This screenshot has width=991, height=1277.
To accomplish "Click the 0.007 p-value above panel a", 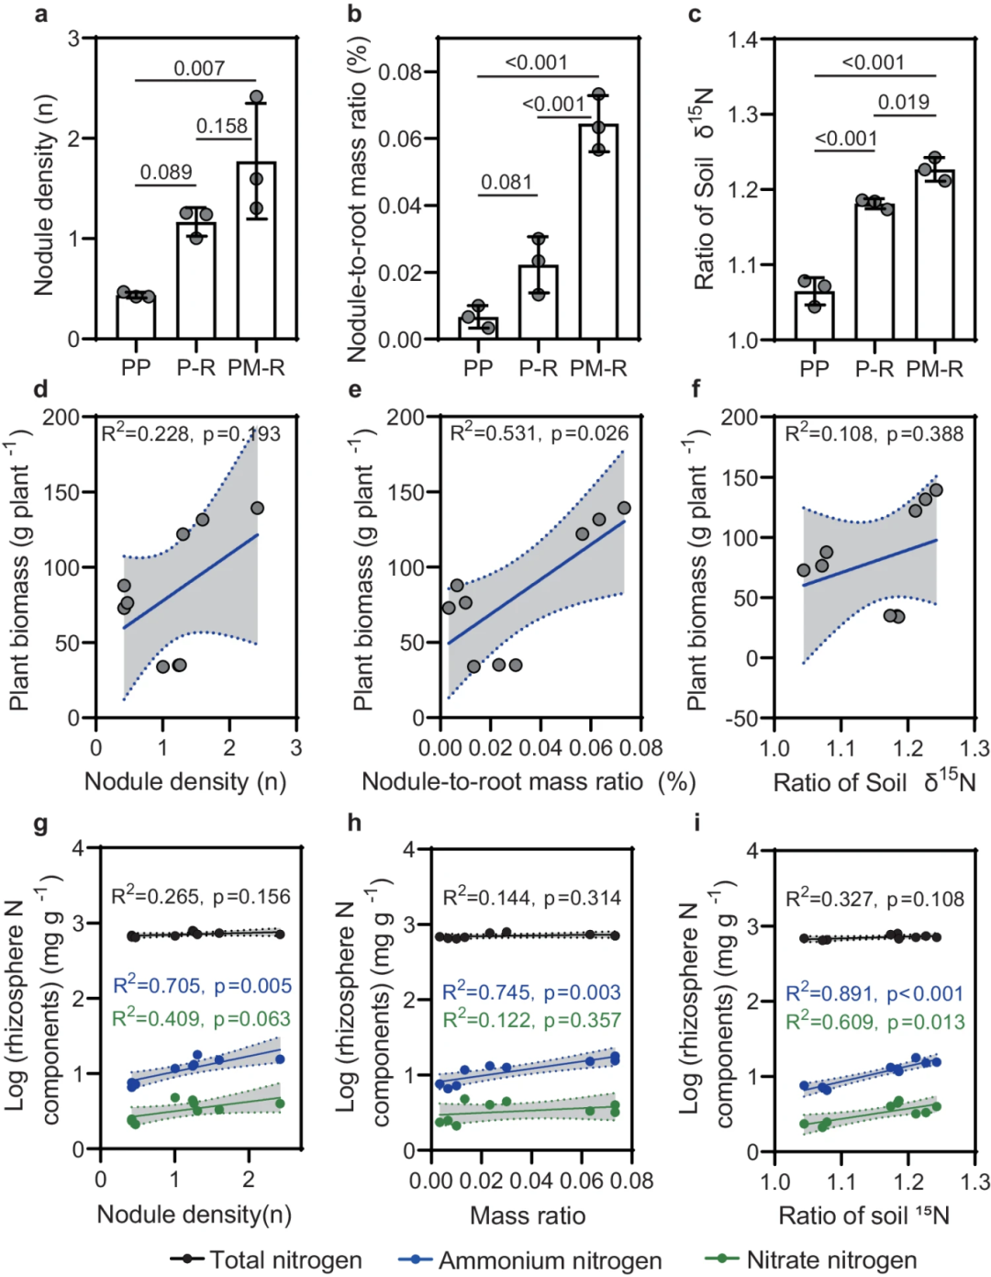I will pyautogui.click(x=199, y=68).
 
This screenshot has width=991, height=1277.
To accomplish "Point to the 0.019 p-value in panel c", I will pyautogui.click(x=904, y=102).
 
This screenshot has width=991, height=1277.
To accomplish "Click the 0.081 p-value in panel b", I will pyautogui.click(x=507, y=182).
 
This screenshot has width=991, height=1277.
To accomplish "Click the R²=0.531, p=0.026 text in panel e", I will pyautogui.click(x=539, y=433).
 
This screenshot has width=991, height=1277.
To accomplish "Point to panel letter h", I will pyautogui.click(x=355, y=822).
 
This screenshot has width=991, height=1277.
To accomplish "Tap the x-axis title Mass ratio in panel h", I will pyautogui.click(x=528, y=1215).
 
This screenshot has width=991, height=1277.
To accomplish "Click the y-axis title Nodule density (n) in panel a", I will pyautogui.click(x=44, y=195).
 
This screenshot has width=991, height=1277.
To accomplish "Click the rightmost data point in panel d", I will pyautogui.click(x=257, y=508).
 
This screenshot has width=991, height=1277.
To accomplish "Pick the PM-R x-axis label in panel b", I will pyautogui.click(x=598, y=368).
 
